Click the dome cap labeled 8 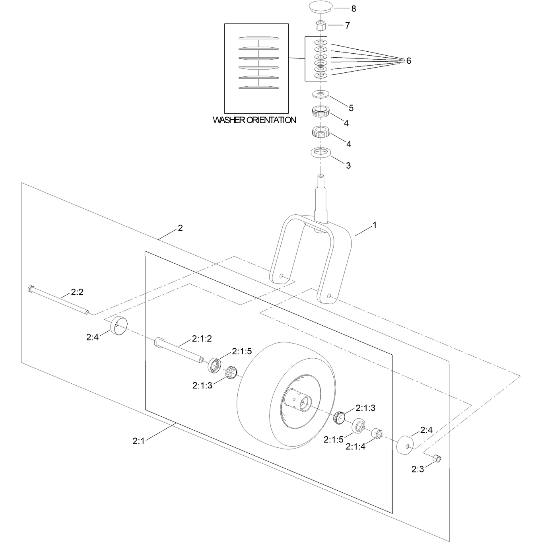pyautogui.click(x=321, y=6)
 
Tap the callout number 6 pyautogui.click(x=408, y=61)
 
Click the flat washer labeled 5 pyautogui.click(x=321, y=94)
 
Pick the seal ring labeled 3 pyautogui.click(x=321, y=153)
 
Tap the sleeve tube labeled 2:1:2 pyautogui.click(x=179, y=350)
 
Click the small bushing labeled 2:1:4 pyautogui.click(x=377, y=433)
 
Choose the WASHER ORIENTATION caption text pyautogui.click(x=254, y=120)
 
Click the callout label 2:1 pyautogui.click(x=138, y=441)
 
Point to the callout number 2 pyautogui.click(x=180, y=228)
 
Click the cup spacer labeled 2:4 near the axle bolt pyautogui.click(x=119, y=326)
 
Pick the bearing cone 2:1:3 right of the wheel pyautogui.click(x=339, y=418)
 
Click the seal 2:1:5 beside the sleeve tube pyautogui.click(x=214, y=365)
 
